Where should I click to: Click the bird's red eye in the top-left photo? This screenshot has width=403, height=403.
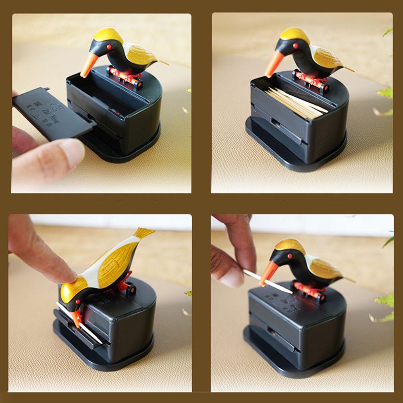pos(109,47)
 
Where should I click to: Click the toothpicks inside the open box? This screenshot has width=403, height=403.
pos(296,103)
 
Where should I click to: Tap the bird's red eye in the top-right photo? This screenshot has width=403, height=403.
pos(295,46)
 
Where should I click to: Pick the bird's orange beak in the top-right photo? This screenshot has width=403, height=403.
pos(275,64)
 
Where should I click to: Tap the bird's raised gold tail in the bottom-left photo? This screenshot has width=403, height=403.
pos(143,233)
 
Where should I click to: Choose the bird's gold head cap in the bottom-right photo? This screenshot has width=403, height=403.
pos(289,245)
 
